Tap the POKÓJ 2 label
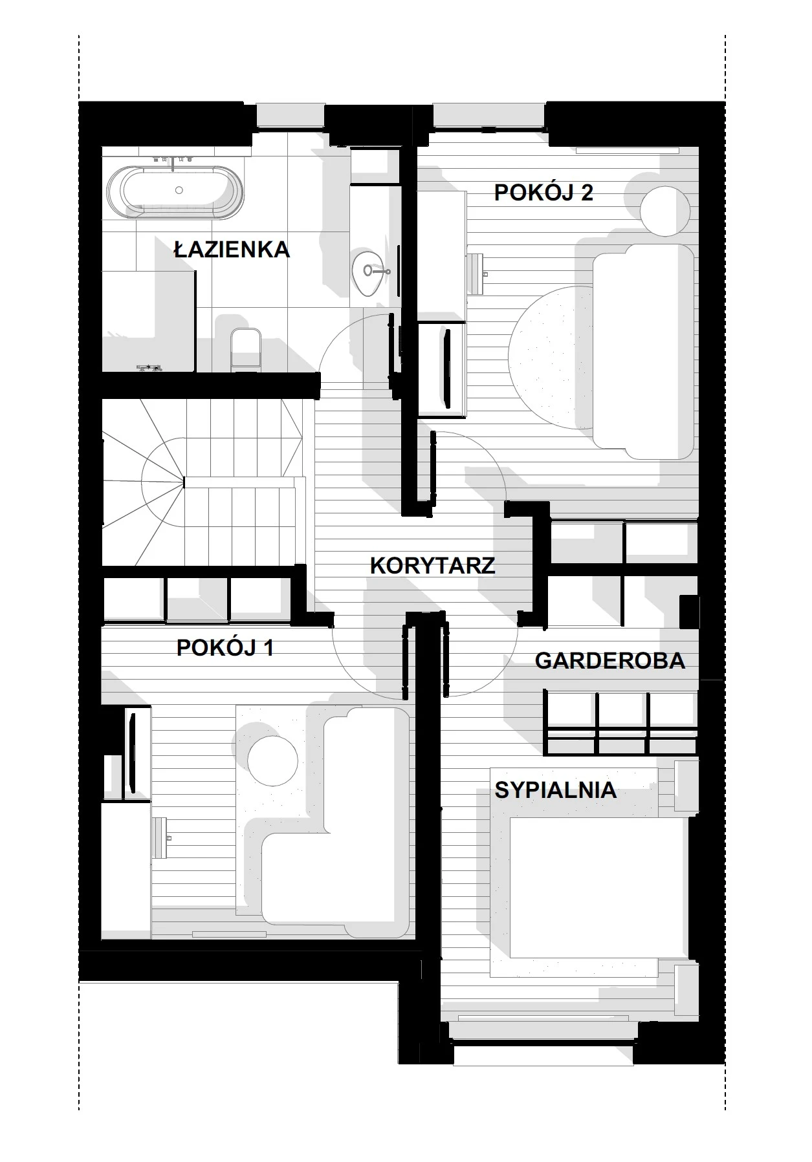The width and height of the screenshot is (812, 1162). (x=543, y=192)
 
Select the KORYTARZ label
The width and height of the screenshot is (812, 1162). (x=433, y=565)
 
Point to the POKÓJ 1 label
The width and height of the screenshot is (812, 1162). (x=225, y=647)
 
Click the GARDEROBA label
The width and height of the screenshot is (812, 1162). (x=610, y=660)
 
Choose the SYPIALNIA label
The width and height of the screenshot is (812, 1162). (x=556, y=790)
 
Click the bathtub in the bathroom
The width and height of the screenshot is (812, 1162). (x=176, y=190)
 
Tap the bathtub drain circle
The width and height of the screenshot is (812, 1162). (x=179, y=190)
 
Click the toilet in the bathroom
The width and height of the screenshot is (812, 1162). (x=246, y=349)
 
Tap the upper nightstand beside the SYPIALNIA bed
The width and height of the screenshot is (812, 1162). (x=686, y=786)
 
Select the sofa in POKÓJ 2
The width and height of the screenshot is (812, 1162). (x=644, y=352)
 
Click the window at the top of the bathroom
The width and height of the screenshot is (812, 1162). (x=291, y=114)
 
